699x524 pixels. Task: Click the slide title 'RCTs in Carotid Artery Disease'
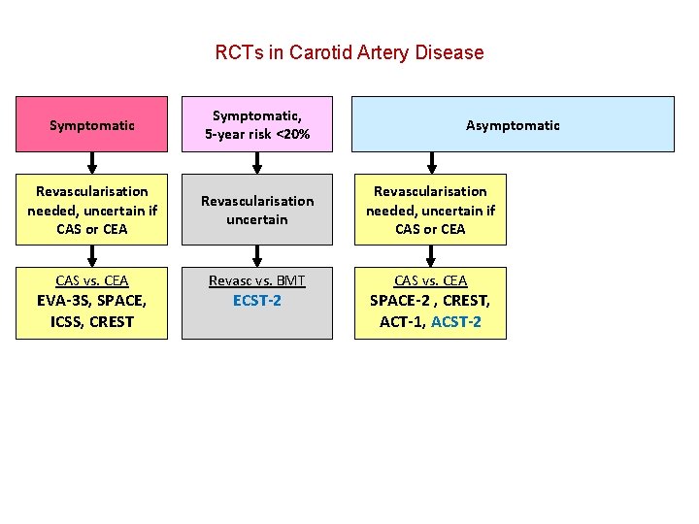[x=349, y=52]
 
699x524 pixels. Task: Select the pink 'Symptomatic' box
[x=91, y=124]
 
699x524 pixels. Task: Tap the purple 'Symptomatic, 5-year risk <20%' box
[x=257, y=124]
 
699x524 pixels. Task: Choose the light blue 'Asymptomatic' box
[x=513, y=124]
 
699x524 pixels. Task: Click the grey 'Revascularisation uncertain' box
[x=257, y=210]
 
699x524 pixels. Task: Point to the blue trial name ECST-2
[x=257, y=301]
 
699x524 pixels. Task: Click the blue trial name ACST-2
[x=456, y=321]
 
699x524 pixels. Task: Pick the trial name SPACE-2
[x=403, y=301]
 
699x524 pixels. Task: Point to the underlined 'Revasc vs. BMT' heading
[x=257, y=280]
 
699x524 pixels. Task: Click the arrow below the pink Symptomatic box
[x=91, y=162]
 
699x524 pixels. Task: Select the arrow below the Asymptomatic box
[x=430, y=162]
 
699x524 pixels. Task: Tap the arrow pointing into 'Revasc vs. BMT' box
[x=257, y=255]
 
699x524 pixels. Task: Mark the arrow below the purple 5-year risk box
[x=257, y=162]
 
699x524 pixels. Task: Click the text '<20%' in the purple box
[x=292, y=134]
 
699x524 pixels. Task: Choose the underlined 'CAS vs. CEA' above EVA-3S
[x=91, y=280]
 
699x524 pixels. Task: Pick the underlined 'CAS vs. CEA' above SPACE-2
[x=430, y=280]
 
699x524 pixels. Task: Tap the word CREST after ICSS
[x=112, y=321]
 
